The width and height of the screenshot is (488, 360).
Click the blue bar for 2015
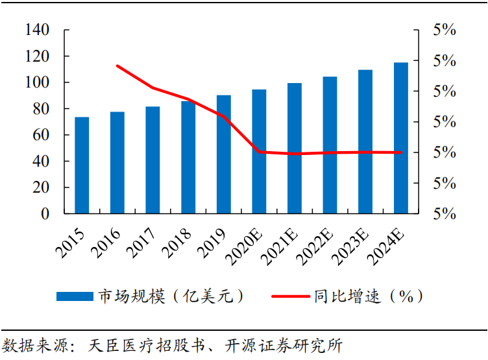click(x=82, y=165)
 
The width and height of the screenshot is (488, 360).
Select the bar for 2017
click(x=152, y=160)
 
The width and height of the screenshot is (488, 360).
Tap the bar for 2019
click(x=224, y=154)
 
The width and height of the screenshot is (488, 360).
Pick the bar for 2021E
click(x=295, y=149)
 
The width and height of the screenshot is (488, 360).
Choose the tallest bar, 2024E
click(x=401, y=138)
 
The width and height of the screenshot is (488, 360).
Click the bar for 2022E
click(x=330, y=145)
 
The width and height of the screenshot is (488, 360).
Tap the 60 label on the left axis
click(x=41, y=135)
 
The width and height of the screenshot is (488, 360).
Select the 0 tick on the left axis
click(x=45, y=213)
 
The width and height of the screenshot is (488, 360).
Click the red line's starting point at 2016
click(x=117, y=66)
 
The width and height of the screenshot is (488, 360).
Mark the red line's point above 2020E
click(x=259, y=152)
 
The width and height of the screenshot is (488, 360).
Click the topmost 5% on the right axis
click(x=445, y=30)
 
